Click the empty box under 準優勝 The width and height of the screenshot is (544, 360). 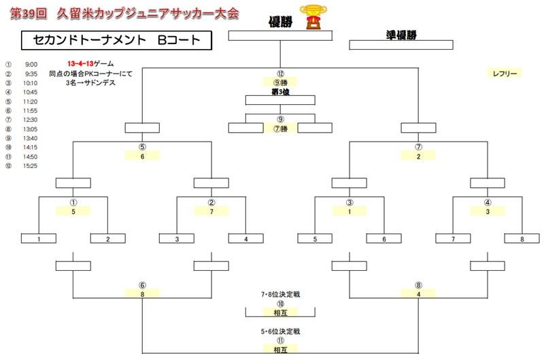[x=401, y=46]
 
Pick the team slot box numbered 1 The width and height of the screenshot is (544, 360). [x=39, y=239]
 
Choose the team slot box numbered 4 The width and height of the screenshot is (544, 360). [x=245, y=239]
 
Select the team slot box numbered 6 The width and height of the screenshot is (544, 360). [x=384, y=239]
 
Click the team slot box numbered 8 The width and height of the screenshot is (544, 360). [x=522, y=239]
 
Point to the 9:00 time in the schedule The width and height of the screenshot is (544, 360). [x=31, y=64]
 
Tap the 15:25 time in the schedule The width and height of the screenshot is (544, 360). [x=31, y=165]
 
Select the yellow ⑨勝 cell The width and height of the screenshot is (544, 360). [x=280, y=82]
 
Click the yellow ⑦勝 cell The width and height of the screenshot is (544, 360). [x=280, y=129]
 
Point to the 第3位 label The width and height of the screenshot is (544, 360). [x=280, y=91]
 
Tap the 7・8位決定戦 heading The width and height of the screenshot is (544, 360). [x=280, y=295]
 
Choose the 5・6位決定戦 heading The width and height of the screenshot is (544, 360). [x=280, y=331]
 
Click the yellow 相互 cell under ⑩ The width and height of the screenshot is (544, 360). [x=280, y=312]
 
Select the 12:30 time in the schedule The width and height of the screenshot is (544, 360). [x=31, y=119]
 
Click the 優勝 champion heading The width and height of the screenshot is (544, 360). [x=281, y=21]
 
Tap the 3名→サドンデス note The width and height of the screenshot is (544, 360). [x=90, y=82]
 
